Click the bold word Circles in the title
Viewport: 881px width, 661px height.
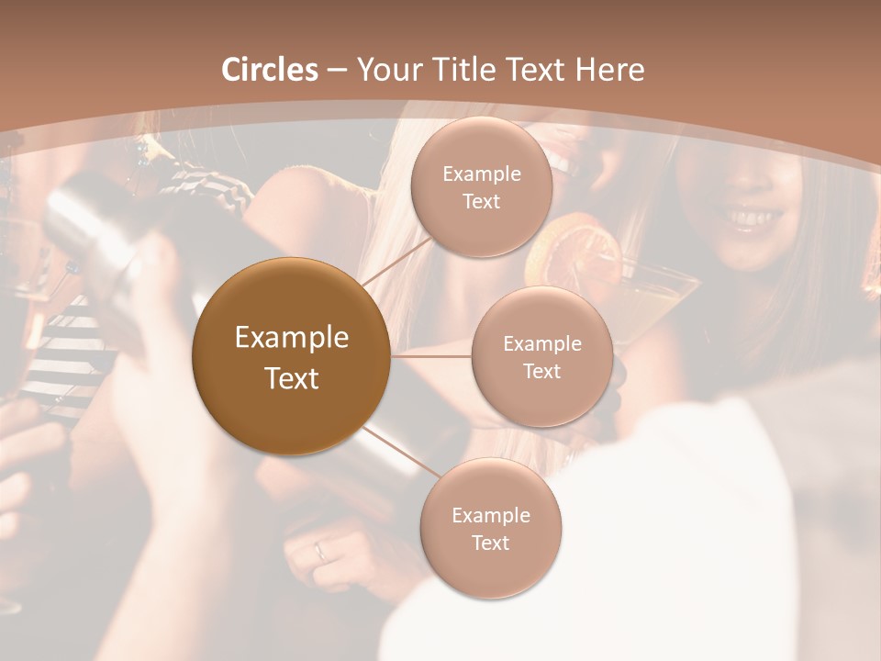[x=270, y=70]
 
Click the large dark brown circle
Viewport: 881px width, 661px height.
[x=291, y=356]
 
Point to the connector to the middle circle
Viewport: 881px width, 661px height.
[x=431, y=356]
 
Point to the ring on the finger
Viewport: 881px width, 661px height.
[x=319, y=551]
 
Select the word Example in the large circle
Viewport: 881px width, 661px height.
[x=291, y=338]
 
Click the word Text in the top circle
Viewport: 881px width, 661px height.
[x=481, y=202]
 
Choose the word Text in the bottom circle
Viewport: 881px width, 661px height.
[x=490, y=543]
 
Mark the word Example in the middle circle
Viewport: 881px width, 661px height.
[x=541, y=344]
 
